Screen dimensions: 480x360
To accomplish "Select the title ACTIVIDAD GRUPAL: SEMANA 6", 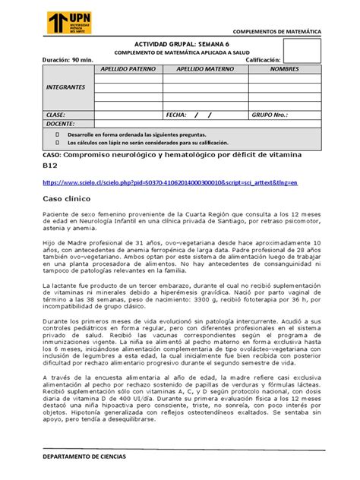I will [178, 44].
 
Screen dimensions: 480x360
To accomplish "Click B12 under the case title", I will [50, 166].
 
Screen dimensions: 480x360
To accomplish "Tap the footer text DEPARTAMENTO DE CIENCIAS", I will [84, 456].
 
